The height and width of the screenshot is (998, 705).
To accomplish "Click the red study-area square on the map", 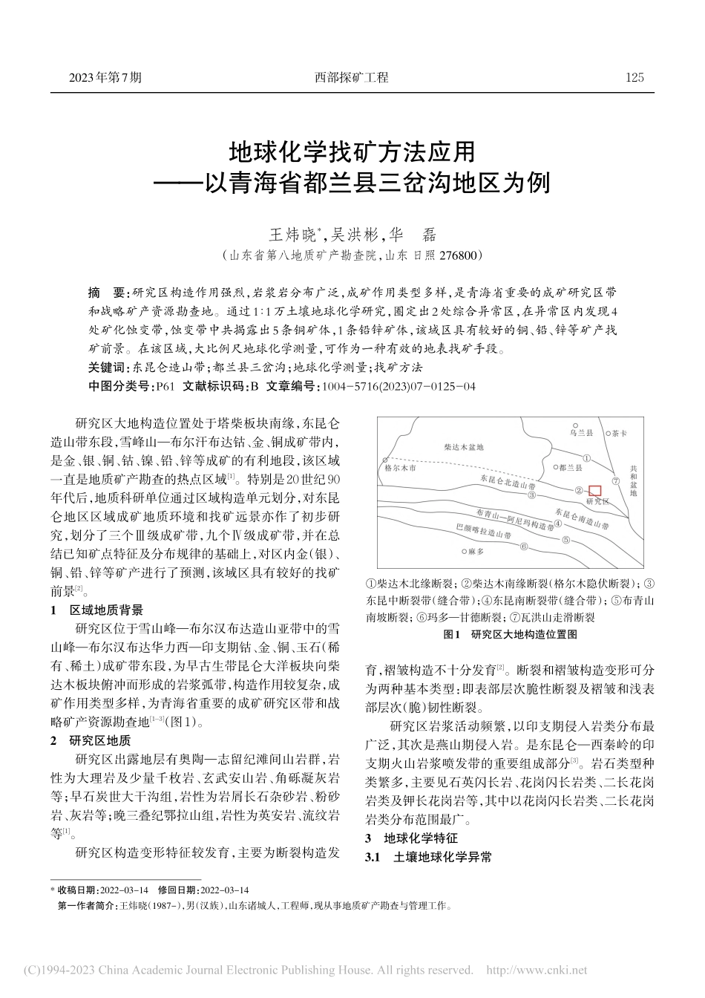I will (594, 490).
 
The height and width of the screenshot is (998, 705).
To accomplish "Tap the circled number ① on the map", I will (586, 458).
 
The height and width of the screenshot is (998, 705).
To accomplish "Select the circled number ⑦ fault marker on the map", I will (615, 480).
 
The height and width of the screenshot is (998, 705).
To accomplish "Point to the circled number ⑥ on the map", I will (524, 547).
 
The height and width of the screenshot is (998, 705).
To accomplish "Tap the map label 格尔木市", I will (401, 470).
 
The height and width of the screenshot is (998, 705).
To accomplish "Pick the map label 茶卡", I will (620, 432).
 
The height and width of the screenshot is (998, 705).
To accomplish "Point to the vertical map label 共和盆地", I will (633, 480).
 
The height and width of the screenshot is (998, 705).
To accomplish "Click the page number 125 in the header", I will (635, 77).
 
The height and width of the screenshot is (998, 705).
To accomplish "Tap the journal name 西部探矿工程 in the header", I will (351, 77).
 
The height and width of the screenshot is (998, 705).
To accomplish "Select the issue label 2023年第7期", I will (105, 77).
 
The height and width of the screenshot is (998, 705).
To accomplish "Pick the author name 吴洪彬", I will (353, 235).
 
